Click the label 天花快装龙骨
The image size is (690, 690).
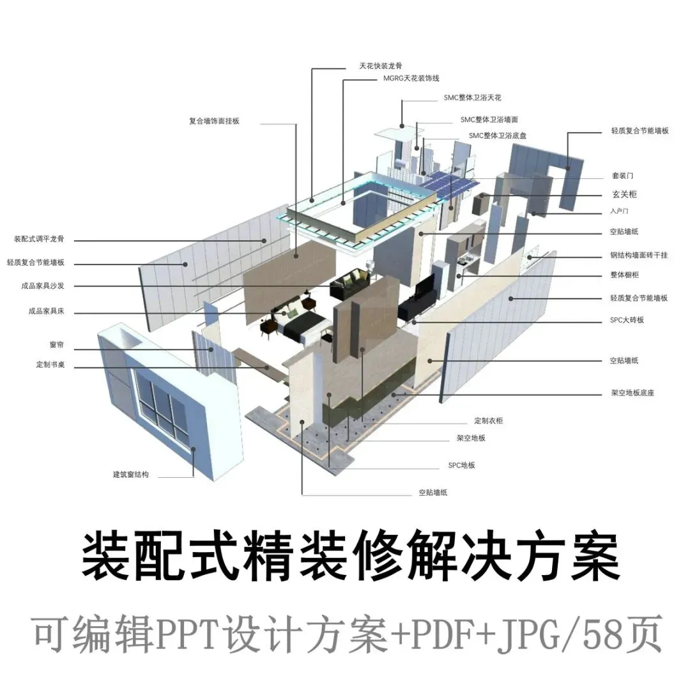tap(381, 66)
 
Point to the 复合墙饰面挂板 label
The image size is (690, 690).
tap(214, 120)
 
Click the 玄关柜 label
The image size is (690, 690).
tap(624, 194)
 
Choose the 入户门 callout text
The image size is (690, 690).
tap(620, 211)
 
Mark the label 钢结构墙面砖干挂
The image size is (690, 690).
tap(638, 255)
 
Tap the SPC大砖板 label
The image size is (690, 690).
tap(627, 319)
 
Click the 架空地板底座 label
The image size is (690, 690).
tap(632, 393)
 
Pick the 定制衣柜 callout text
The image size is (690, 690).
tap(488, 421)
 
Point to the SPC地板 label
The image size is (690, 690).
tap(461, 465)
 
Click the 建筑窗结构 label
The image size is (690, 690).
tap(131, 475)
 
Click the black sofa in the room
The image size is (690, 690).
tap(349, 283)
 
